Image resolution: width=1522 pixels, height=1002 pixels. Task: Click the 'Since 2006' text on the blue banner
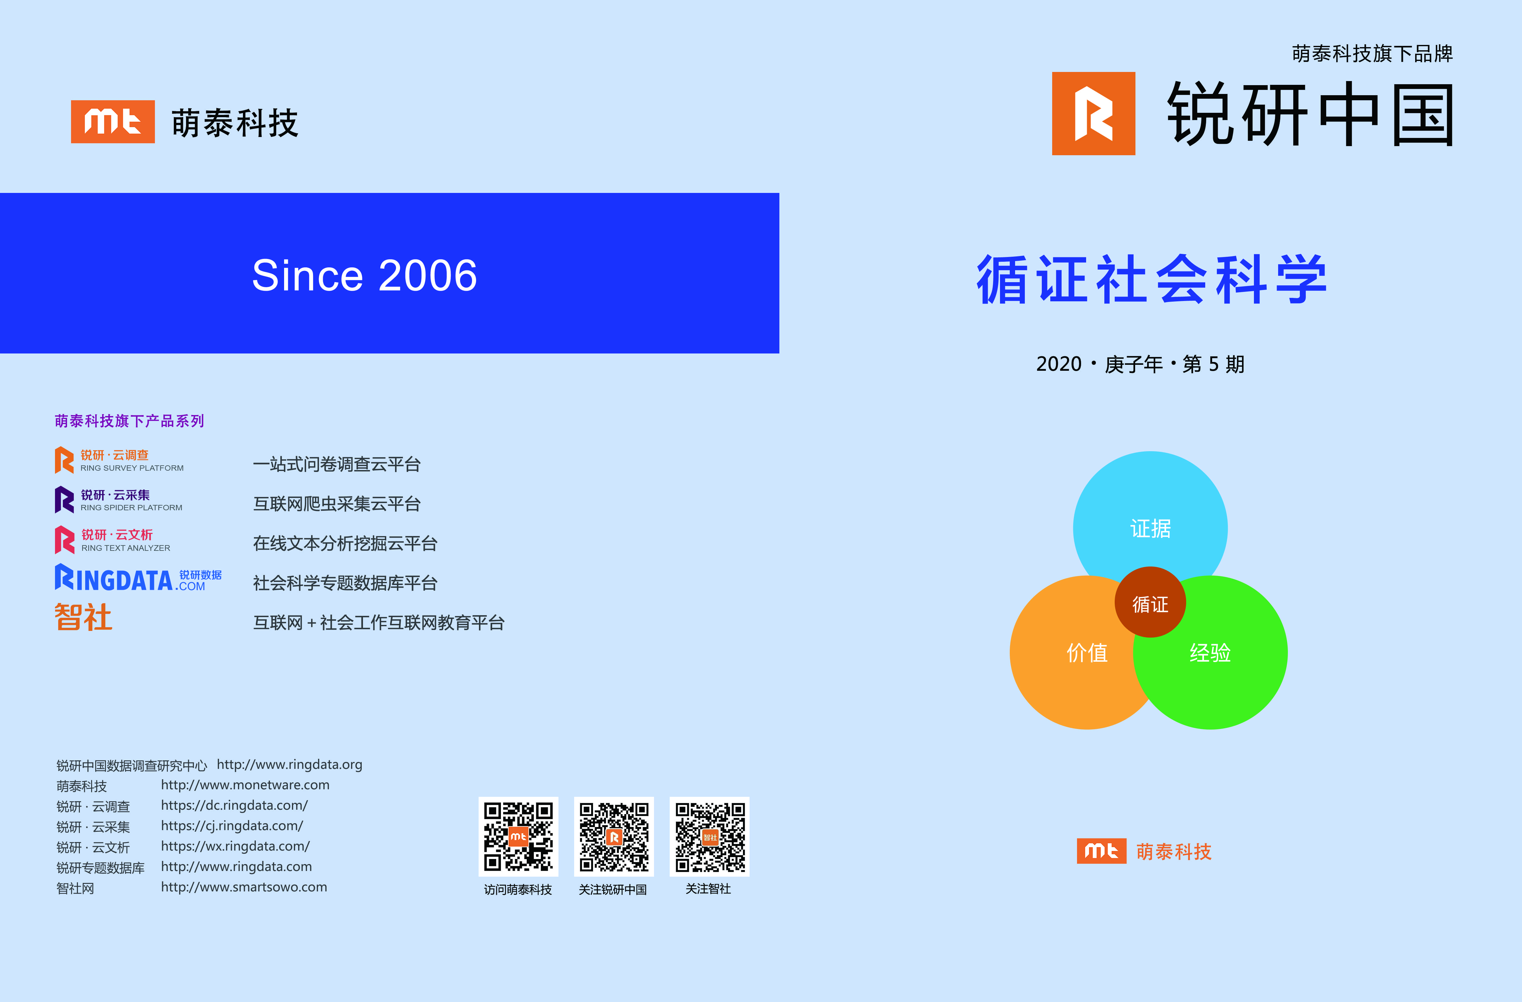[x=365, y=276]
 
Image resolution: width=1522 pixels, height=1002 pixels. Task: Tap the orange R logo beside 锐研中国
[x=1094, y=113]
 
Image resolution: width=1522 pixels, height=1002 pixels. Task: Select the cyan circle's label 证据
[x=1151, y=529]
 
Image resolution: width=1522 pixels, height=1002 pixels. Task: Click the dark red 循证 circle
[x=1151, y=602]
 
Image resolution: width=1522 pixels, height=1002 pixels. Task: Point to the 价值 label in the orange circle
[x=1087, y=653]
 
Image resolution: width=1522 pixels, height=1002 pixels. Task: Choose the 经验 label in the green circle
[x=1210, y=653]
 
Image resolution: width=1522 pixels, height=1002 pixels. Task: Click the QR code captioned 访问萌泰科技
[x=518, y=836]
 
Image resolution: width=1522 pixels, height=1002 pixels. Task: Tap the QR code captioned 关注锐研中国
[x=614, y=836]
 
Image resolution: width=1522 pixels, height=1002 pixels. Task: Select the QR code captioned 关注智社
[x=709, y=836]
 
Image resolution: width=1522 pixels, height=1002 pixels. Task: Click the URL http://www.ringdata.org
[x=290, y=765]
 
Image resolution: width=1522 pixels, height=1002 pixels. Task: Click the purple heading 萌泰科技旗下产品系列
[x=129, y=421]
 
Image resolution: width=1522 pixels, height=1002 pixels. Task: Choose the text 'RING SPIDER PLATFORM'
[x=131, y=508]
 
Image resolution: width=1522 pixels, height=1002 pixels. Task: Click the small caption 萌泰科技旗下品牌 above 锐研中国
[x=1372, y=54]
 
